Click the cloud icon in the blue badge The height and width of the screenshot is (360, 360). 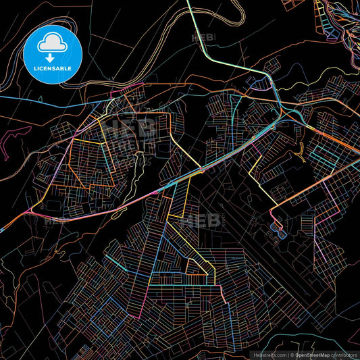coord(53,44)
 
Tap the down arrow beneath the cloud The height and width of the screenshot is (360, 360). coord(53,58)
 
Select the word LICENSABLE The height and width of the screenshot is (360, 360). coord(53,69)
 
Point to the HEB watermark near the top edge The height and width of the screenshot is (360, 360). coord(203,38)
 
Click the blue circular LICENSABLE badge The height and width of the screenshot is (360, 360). coord(53,54)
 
